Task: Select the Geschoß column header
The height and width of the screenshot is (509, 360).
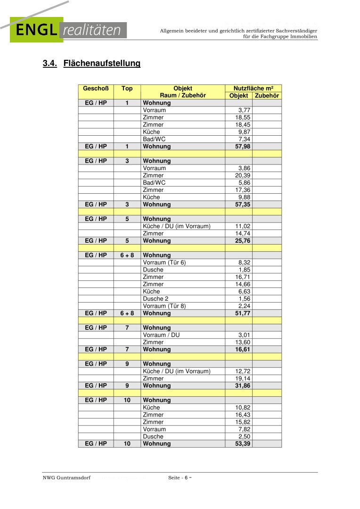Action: click(x=96, y=89)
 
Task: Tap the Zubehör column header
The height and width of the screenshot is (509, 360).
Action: click(x=267, y=96)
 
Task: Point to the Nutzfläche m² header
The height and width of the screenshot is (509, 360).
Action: click(x=253, y=89)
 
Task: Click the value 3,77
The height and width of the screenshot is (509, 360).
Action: click(x=244, y=110)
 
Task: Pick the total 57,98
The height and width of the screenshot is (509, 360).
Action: click(x=243, y=147)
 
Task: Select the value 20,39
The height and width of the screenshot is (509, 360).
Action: click(x=243, y=175)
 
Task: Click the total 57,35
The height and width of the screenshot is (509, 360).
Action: click(x=243, y=205)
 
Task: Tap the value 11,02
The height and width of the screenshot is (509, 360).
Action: click(x=243, y=226)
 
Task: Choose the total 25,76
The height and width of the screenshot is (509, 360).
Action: click(x=243, y=241)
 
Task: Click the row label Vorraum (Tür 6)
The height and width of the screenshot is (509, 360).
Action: click(x=164, y=263)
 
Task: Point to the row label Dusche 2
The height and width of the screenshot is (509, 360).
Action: click(x=155, y=299)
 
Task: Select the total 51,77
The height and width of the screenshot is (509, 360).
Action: click(x=243, y=313)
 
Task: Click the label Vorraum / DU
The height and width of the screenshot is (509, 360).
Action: click(x=161, y=335)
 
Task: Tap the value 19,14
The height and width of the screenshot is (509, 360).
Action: click(x=243, y=378)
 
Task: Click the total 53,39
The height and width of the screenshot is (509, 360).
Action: click(x=243, y=444)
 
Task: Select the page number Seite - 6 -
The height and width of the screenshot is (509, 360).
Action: click(x=180, y=478)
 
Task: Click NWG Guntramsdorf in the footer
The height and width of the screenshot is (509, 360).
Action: click(x=66, y=478)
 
